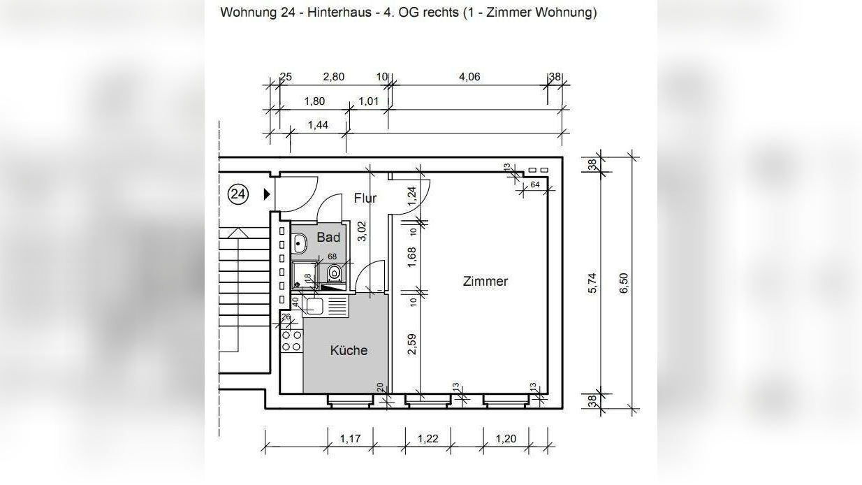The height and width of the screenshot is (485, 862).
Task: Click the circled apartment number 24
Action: (x=238, y=194)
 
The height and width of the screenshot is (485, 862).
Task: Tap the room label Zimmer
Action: (x=485, y=282)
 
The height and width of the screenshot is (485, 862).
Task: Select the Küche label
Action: (x=349, y=350)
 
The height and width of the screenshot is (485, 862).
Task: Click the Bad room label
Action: (x=328, y=238)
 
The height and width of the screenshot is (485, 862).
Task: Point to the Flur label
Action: (x=365, y=198)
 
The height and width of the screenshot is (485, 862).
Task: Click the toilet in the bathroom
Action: (x=334, y=273)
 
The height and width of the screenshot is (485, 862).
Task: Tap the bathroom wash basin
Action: (x=300, y=244)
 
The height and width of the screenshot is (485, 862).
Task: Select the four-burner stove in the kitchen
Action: (x=291, y=340)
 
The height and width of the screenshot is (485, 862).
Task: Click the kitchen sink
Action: (x=314, y=305)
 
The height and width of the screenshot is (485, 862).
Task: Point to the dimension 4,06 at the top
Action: (x=469, y=77)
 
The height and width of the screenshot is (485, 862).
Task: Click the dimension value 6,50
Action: (x=624, y=283)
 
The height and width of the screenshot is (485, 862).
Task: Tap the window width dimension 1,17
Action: (x=350, y=439)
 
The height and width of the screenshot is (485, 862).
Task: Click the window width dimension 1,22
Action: (x=428, y=439)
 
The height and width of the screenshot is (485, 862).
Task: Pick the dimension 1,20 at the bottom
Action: (x=506, y=439)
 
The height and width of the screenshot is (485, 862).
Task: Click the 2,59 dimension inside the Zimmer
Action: (x=411, y=344)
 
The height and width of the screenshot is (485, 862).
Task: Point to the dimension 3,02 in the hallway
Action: (x=362, y=231)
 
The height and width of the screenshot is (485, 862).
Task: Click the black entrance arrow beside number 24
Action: (x=266, y=194)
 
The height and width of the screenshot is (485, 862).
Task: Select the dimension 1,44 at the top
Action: (x=318, y=125)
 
